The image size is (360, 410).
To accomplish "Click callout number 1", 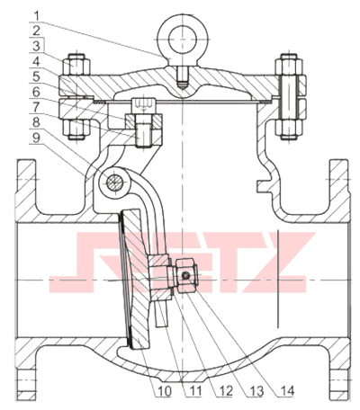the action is tap(37, 16).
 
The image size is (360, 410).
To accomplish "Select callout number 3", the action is tap(37, 47).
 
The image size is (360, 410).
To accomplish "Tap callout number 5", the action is tap(37, 76).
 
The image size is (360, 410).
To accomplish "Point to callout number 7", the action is tap(37, 107).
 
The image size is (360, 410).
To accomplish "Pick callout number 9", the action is tap(37, 138).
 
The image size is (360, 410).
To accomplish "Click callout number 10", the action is tap(164, 391).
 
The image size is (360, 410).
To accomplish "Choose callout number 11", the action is tap(193, 391).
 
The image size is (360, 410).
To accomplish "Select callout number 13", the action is tap(256, 391).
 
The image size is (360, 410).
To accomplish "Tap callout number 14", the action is tap(286, 391).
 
